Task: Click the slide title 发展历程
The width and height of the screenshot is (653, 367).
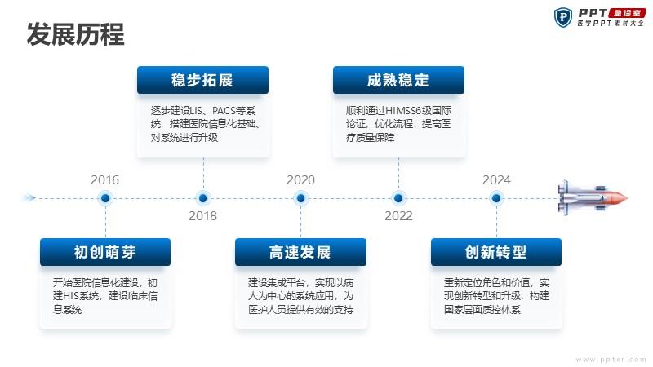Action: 75,34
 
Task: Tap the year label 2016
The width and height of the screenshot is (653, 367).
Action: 105,179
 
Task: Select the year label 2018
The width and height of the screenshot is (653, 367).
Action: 202,215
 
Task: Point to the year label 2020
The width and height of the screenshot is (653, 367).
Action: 300,179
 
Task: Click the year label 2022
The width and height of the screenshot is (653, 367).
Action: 398,215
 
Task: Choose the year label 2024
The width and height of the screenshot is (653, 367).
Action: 496,179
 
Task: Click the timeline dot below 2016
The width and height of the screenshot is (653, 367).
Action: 105,198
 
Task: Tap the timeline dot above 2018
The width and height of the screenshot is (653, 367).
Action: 203,198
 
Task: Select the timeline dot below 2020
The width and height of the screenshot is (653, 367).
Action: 300,198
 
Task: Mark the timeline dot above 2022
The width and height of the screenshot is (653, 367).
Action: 398,198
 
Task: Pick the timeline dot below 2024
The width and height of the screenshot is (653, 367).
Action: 496,198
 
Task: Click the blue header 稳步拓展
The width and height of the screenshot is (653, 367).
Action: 202,80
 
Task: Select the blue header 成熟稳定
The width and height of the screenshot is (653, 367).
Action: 398,80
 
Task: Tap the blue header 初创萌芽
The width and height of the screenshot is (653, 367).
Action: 105,252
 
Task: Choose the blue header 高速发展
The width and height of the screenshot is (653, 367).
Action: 300,252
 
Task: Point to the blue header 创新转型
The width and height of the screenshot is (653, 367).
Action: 496,252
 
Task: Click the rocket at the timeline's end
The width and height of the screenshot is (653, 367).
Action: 593,198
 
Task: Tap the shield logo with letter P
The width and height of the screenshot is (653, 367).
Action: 563,17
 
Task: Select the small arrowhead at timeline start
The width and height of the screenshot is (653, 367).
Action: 29,197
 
